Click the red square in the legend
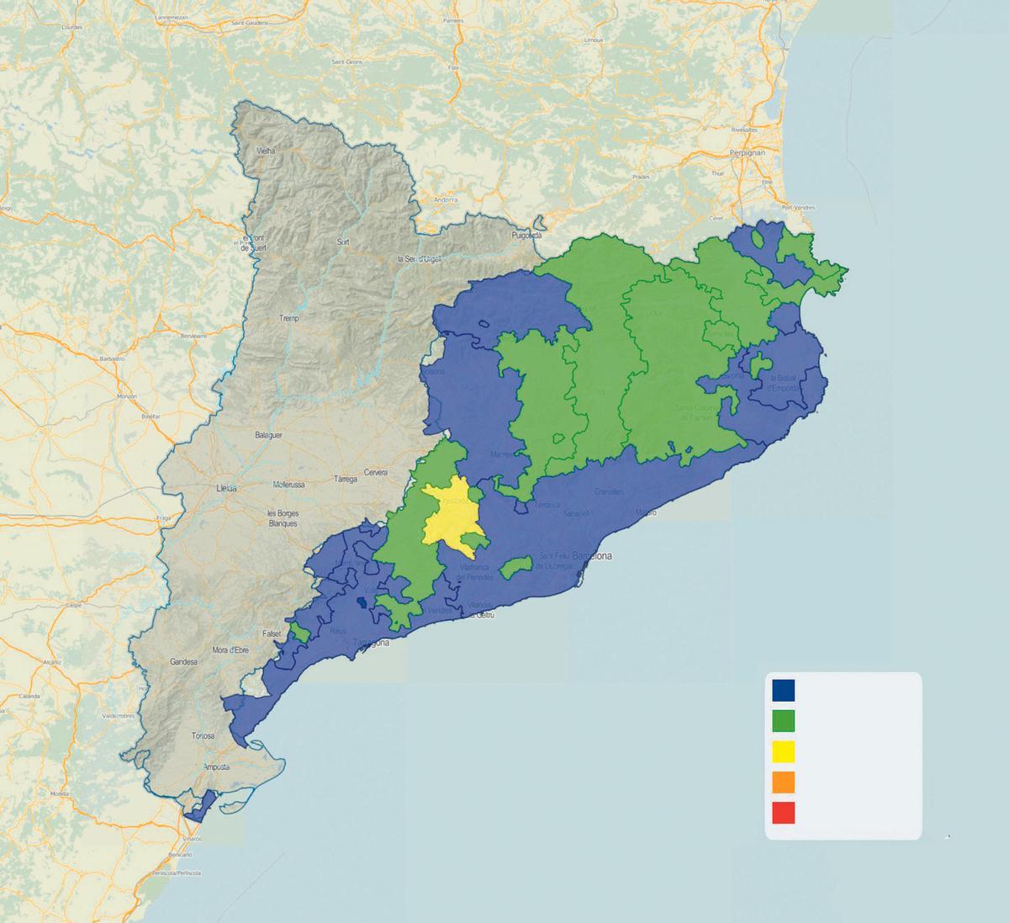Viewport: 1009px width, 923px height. pos(784,813)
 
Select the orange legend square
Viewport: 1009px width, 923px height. pos(784,782)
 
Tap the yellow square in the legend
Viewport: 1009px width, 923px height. pos(784,751)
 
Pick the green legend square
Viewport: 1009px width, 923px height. pos(784,721)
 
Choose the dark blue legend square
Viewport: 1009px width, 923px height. pos(784,690)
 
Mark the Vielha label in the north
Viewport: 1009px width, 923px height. pos(267,151)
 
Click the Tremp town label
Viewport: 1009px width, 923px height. pos(289,319)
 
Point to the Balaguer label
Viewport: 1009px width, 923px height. pos(268,435)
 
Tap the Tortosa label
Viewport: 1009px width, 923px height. pos(203,735)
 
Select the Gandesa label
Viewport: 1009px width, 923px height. pos(182,662)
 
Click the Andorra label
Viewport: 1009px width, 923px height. pos(445,199)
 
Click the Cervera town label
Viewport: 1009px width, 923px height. pos(375,472)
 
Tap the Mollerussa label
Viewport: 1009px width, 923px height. pos(293,485)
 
